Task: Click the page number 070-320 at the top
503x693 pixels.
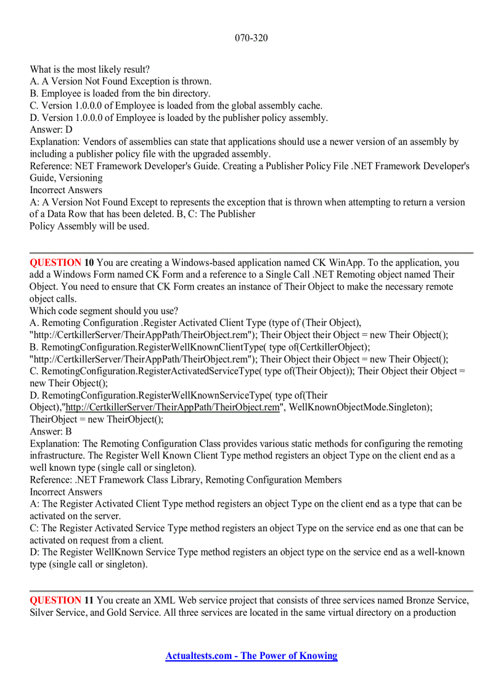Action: [251, 38]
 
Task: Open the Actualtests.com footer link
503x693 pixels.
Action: [251, 655]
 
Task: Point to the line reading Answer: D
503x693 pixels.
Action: [51, 130]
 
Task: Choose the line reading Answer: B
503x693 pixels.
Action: [51, 431]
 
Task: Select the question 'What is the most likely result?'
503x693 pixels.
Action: [89, 69]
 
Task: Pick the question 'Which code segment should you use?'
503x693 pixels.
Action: [104, 310]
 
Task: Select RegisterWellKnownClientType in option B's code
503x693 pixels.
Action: [196, 347]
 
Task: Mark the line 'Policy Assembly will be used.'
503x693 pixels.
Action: [89, 226]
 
